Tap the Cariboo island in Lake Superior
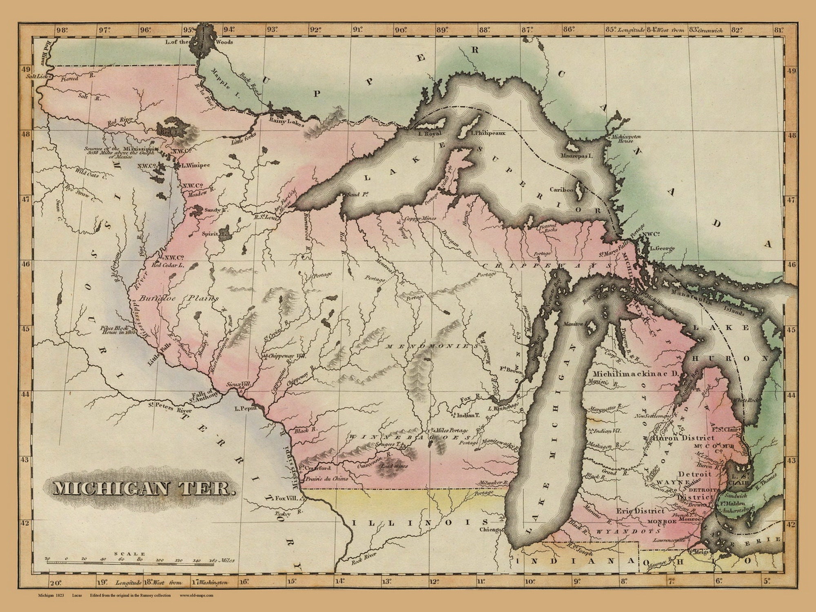coord(579,199)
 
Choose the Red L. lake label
coord(166,132)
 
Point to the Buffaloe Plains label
coord(178,298)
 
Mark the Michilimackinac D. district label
coord(629,374)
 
